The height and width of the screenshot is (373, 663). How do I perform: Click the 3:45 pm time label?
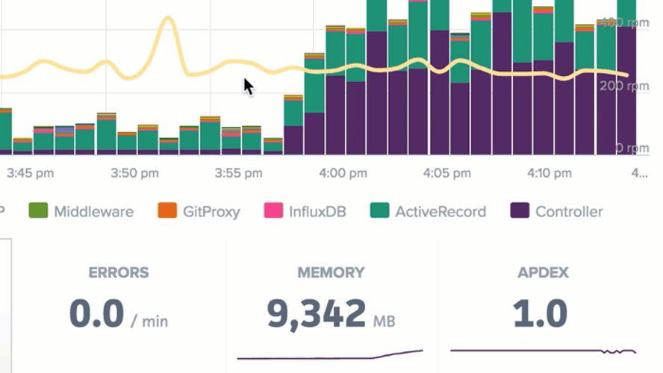point(31,174)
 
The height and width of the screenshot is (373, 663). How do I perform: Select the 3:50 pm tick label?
point(134,174)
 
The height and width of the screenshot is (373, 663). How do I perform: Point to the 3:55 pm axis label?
point(238,174)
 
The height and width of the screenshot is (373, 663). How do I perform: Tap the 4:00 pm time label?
point(343,174)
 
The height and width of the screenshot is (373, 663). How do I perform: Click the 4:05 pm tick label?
point(446,174)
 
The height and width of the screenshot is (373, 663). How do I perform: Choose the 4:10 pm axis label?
point(550,174)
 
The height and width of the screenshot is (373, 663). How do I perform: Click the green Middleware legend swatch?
point(37,211)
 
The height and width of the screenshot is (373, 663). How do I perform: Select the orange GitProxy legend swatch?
point(166,211)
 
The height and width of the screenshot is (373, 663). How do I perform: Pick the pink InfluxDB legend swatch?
point(273,211)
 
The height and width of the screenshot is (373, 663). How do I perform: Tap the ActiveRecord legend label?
point(440,212)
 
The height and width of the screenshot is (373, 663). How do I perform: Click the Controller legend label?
point(568,212)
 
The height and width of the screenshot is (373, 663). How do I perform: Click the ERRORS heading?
point(119,273)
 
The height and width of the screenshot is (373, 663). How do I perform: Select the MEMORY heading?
point(331,273)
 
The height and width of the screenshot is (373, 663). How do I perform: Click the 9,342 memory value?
point(317,314)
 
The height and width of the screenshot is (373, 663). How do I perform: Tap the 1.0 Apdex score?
point(540,314)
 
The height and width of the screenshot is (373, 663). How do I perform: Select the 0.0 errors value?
point(96,314)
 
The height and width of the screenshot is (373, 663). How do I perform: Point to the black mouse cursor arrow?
point(248,86)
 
